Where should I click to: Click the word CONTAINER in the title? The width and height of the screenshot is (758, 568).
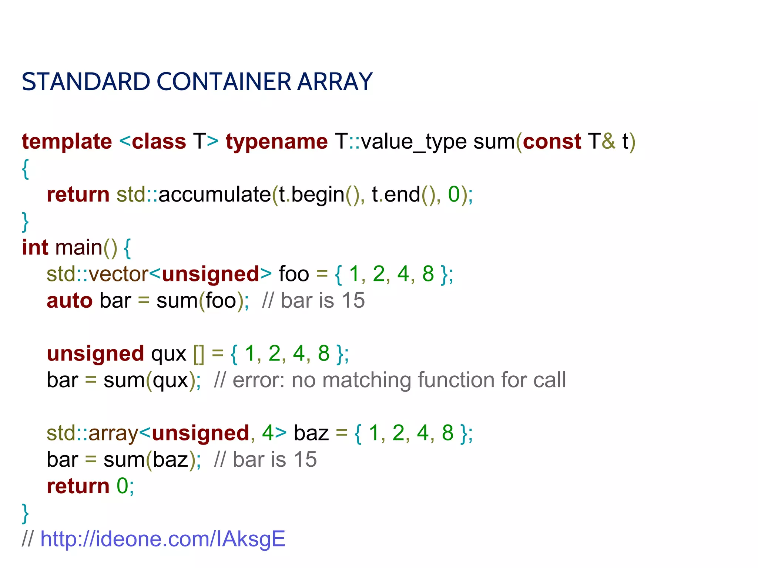227,82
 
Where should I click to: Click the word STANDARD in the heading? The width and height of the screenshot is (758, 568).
86,82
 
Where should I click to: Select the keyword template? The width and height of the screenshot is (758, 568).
67,142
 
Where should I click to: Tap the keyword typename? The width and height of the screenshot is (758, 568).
277,142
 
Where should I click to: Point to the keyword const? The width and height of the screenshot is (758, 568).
552,142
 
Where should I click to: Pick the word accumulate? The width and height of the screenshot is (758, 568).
215,195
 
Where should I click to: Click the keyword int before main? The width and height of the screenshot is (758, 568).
35,247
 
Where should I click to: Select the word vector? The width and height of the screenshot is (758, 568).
118,274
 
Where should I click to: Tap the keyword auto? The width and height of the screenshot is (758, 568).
70,300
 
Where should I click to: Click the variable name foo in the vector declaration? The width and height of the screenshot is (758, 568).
294,274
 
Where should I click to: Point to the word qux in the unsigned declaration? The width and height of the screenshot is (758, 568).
169,354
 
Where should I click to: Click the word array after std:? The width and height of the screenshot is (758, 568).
113,433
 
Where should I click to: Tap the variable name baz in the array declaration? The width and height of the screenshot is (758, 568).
311,433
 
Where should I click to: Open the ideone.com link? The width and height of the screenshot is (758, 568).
163,539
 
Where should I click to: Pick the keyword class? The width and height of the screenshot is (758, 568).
159,142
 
